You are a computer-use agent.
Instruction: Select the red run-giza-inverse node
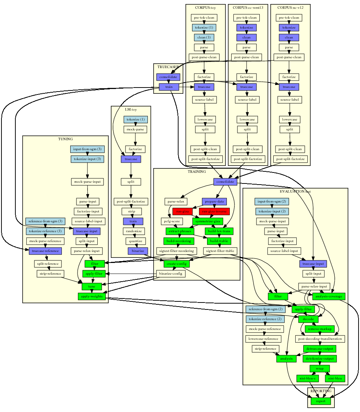(214, 211)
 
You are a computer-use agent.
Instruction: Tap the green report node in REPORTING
(320, 401)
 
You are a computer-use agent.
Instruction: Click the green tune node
(91, 286)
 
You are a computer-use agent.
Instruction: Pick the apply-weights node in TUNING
(92, 296)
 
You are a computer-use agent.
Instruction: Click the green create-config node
(176, 264)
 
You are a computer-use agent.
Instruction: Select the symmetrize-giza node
(208, 221)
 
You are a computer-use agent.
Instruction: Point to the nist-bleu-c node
(307, 378)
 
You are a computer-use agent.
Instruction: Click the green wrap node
(319, 368)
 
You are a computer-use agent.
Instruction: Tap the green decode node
(308, 319)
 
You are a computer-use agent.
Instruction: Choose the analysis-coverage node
(328, 296)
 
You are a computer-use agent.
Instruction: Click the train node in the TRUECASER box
(169, 87)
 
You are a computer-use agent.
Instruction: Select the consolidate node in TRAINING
(225, 182)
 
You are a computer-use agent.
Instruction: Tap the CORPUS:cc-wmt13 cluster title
(248, 7)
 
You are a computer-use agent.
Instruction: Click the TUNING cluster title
(65, 139)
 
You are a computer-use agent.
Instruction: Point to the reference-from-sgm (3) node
(45, 221)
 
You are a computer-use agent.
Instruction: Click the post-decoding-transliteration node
(320, 339)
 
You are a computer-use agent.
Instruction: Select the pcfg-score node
(172, 221)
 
